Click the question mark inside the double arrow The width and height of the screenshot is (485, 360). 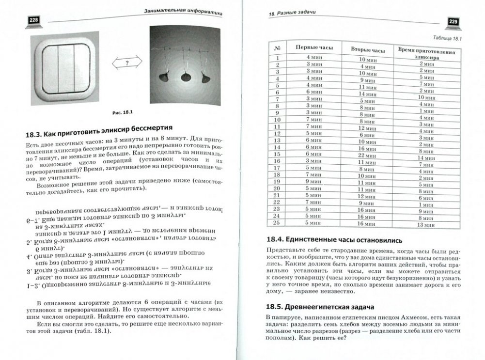(x=127, y=63)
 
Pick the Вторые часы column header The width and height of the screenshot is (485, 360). (x=367, y=50)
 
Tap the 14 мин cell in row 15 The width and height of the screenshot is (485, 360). (x=426, y=157)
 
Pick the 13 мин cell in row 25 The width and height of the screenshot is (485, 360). (x=426, y=224)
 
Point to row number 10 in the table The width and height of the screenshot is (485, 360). (x=277, y=119)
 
